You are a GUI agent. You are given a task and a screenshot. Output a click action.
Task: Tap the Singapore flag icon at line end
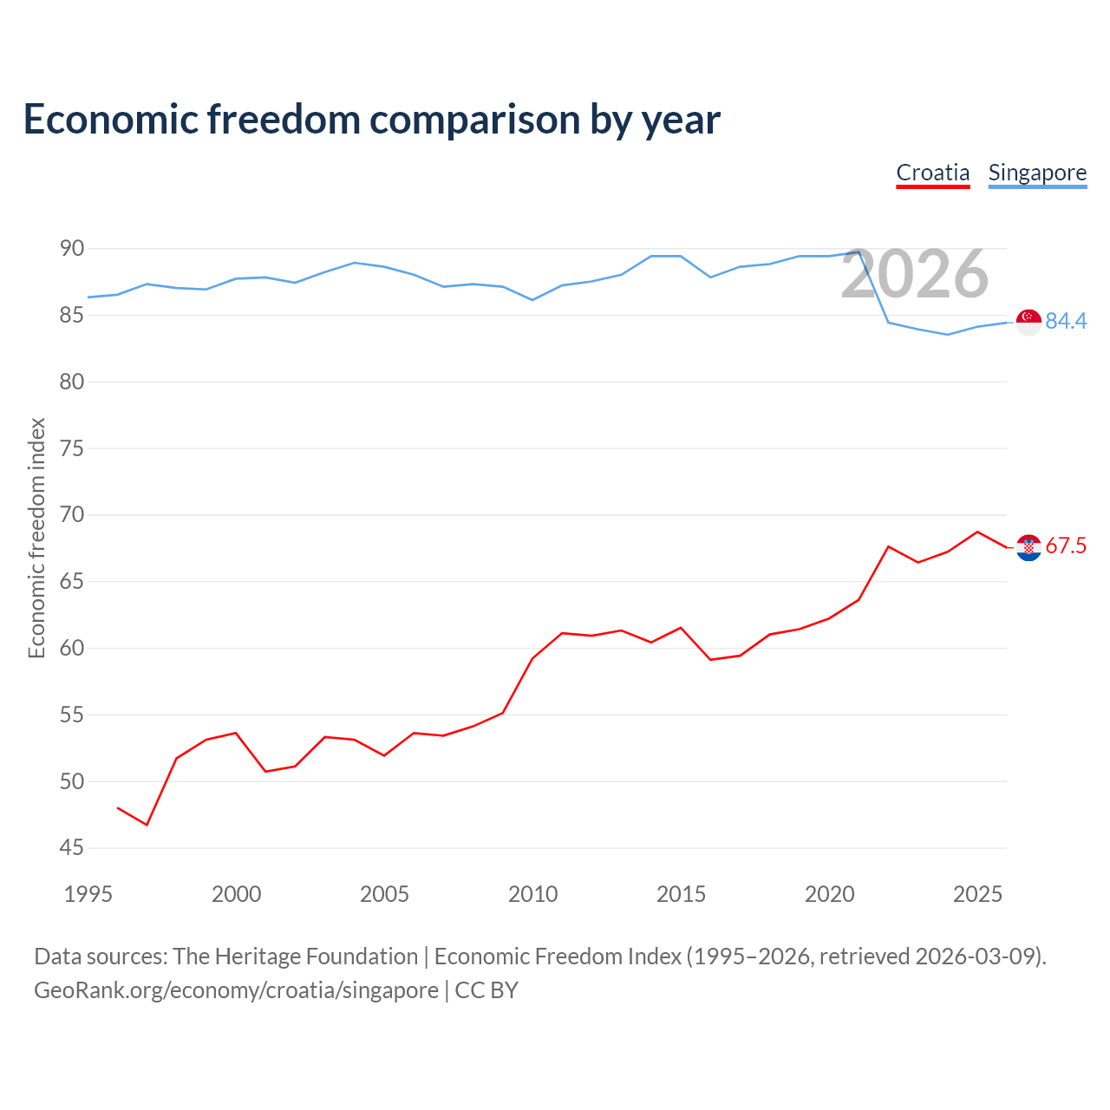(1028, 322)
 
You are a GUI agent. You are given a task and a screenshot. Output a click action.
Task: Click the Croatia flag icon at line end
(1028, 547)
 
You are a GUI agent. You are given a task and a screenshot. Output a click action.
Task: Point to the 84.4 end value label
(1066, 321)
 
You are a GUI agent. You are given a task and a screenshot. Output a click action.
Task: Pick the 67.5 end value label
(1066, 545)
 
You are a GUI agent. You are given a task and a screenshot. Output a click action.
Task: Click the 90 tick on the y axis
(71, 248)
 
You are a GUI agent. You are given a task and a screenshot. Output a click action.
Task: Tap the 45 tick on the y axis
(71, 847)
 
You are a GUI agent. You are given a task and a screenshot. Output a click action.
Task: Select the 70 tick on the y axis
(71, 514)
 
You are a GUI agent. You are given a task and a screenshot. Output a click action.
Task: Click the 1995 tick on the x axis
(88, 894)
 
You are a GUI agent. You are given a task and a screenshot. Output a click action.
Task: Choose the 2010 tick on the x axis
(532, 894)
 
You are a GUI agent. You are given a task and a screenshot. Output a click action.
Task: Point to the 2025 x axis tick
(977, 894)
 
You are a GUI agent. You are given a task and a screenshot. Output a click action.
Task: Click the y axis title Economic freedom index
(36, 538)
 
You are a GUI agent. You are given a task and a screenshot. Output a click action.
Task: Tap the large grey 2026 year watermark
(915, 274)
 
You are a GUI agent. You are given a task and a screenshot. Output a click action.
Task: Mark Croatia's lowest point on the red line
(147, 825)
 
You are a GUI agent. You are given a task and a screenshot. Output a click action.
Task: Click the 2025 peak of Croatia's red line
(977, 532)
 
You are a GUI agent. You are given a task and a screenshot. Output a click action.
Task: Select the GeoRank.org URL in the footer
(236, 990)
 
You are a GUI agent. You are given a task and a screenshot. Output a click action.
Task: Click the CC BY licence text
(486, 990)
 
